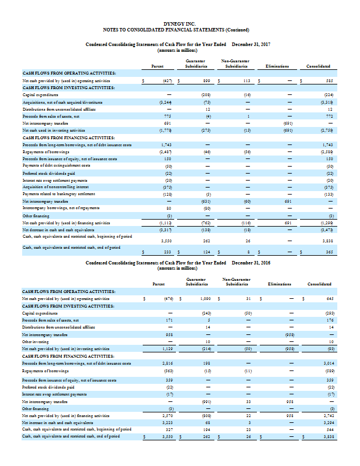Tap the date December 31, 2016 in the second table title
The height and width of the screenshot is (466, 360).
(x=252, y=263)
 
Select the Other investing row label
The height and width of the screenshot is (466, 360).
(x=37, y=343)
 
